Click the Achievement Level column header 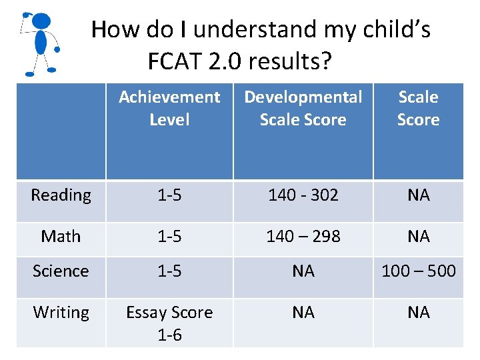[x=169, y=109]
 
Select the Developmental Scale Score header [x=303, y=109]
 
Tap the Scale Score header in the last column [x=418, y=109]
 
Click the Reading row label [x=61, y=195]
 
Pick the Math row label [x=61, y=237]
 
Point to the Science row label [x=61, y=271]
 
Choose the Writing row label [x=61, y=313]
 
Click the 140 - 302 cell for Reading [x=303, y=195]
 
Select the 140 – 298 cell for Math [x=303, y=237]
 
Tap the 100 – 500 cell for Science [x=418, y=271]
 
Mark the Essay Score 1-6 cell [x=169, y=323]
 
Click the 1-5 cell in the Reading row [x=169, y=195]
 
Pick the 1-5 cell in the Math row [x=169, y=237]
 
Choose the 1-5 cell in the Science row [x=169, y=271]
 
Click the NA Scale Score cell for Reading [x=418, y=195]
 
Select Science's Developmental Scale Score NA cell [x=303, y=271]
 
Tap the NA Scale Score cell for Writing [x=418, y=313]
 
